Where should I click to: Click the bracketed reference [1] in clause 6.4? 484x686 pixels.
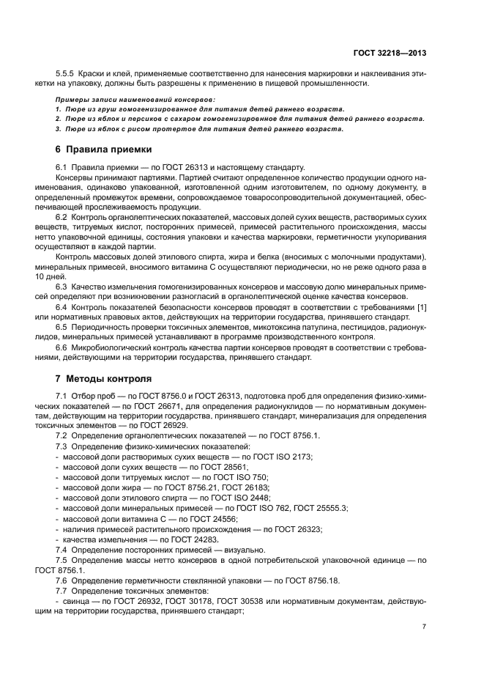pos(422,306)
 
